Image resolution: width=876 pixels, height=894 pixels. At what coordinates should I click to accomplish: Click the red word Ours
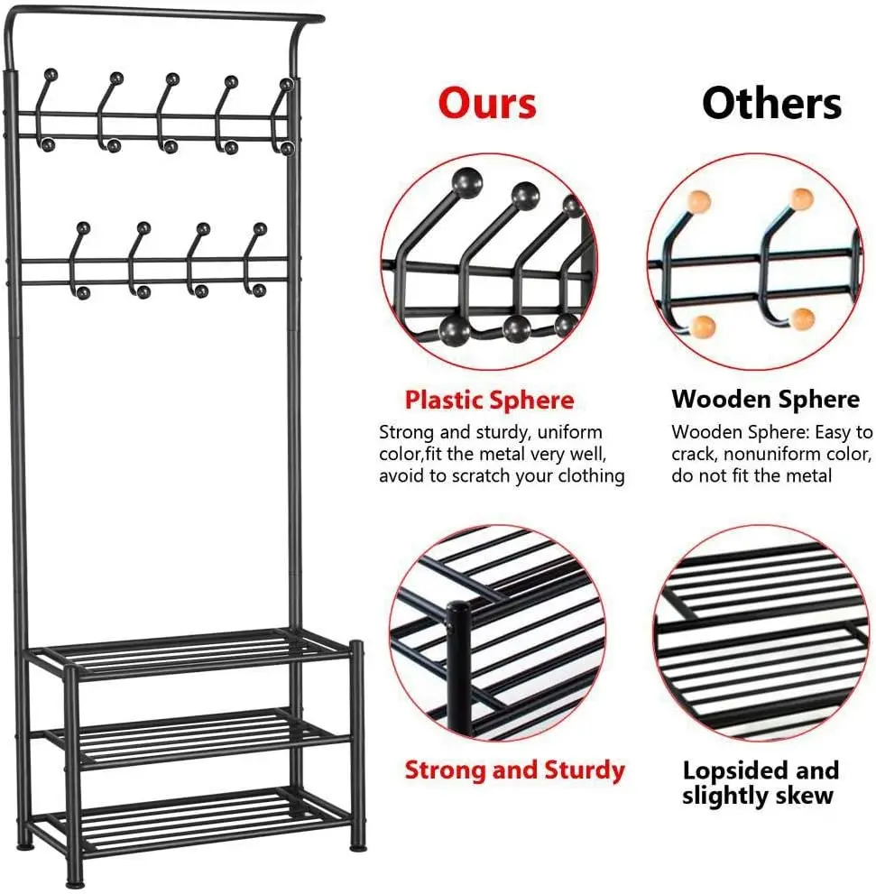click(487, 103)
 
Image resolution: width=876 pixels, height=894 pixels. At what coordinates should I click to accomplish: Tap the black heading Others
click(771, 103)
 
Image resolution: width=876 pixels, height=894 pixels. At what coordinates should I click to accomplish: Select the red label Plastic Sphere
click(489, 400)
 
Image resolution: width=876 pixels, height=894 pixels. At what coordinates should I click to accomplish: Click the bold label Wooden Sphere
click(765, 400)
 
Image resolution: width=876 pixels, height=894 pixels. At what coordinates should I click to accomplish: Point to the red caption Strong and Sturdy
click(514, 770)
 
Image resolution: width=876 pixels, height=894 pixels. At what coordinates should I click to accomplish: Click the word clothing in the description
click(587, 475)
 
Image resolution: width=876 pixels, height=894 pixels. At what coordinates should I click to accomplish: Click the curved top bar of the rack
click(162, 15)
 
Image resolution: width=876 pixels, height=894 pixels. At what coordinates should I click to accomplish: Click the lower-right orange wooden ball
click(802, 318)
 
